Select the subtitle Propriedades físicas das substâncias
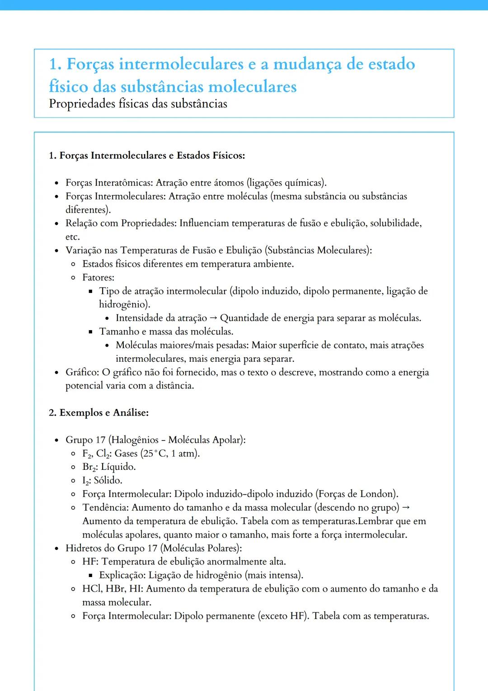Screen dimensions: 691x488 tap(138, 104)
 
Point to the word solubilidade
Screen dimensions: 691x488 tap(395, 223)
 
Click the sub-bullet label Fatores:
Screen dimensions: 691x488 tap(98, 277)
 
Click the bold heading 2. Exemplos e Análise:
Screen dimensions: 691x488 tap(99, 412)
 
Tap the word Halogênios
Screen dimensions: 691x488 tap(135, 440)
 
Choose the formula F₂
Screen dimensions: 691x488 tap(88, 454)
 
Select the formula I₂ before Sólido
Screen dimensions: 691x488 tap(86, 480)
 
